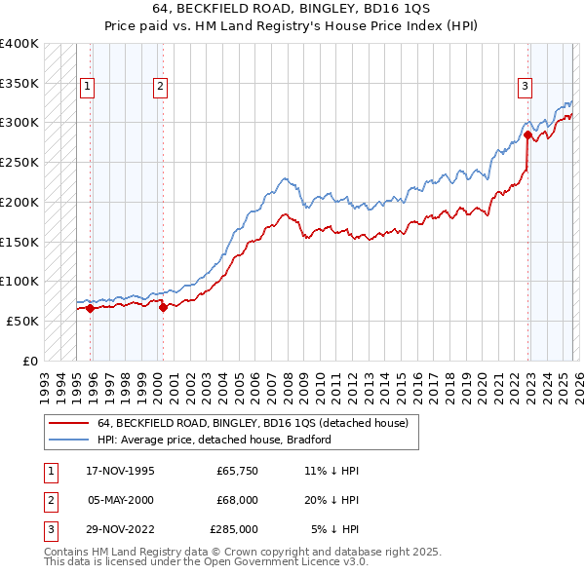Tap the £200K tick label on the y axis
19,202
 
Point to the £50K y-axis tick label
23,321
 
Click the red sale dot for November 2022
527,135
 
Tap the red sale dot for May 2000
163,307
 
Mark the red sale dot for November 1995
91,308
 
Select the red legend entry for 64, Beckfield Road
258,423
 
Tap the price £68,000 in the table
237,500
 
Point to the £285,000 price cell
234,529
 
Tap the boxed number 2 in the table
49,500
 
